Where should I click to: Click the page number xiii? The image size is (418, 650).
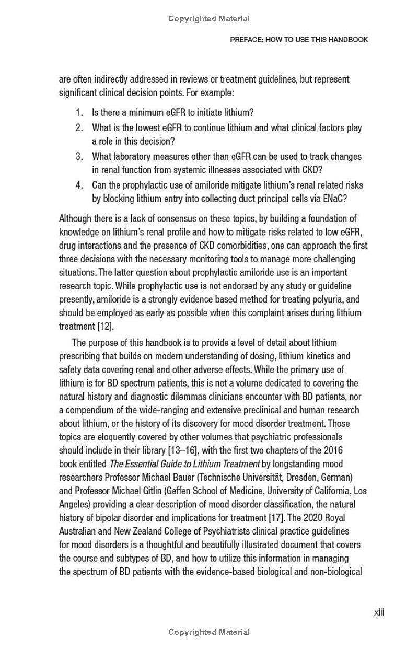(379, 612)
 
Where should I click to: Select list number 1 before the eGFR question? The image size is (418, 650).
(79, 112)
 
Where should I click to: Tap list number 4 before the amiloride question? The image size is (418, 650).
(79, 185)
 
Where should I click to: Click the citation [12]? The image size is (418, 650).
(104, 326)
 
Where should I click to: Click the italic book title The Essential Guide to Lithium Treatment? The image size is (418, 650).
(184, 464)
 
